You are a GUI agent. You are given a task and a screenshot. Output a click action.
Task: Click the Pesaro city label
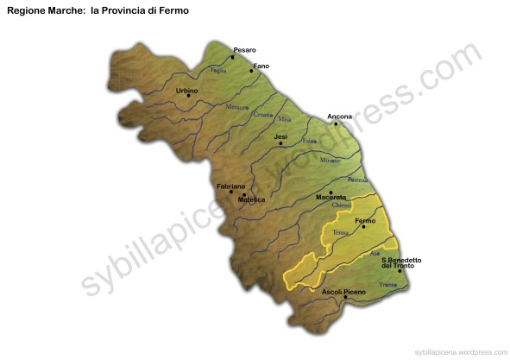244,50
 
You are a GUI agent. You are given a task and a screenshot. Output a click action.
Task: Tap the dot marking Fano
251,71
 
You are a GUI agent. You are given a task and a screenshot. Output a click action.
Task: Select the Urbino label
186,90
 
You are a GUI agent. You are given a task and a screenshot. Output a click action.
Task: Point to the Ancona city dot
336,123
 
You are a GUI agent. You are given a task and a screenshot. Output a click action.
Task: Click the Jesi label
280,136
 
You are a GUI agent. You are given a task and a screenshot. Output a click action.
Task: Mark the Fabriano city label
231,186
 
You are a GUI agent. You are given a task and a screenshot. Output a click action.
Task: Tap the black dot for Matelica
244,194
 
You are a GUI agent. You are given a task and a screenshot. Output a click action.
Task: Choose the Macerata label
331,198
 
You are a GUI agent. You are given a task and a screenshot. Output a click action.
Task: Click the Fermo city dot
363,227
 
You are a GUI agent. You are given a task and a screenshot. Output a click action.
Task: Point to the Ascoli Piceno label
343,292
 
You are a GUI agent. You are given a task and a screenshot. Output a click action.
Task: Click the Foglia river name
218,70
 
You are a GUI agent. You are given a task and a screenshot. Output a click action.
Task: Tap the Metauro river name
236,107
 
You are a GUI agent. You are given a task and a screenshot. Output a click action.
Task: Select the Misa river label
285,120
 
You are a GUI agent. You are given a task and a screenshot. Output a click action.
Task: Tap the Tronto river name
387,284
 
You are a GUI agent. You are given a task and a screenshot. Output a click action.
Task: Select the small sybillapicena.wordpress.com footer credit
460,352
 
